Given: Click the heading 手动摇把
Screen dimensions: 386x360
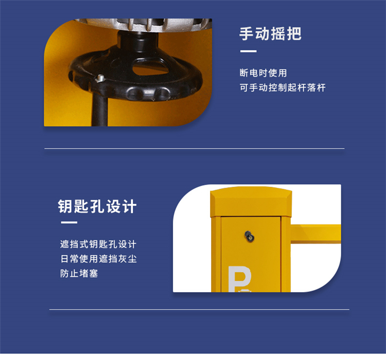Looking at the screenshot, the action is click(x=270, y=34).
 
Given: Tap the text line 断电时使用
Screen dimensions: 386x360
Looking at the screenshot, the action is click(x=263, y=73).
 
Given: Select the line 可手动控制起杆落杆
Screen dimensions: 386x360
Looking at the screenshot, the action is click(x=283, y=87).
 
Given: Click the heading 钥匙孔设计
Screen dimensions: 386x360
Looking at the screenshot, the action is click(x=97, y=206).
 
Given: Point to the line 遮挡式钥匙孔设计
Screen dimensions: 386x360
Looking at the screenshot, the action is click(x=98, y=244).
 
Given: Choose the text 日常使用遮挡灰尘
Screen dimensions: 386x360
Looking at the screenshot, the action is click(x=98, y=259).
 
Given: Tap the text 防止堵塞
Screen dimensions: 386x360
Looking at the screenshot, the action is click(x=79, y=274).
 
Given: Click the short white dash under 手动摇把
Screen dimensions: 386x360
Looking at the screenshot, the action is click(x=249, y=51).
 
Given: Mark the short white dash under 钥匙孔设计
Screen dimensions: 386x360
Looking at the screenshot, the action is click(x=69, y=223).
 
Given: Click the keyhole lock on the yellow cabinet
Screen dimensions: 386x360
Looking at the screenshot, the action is click(x=250, y=236).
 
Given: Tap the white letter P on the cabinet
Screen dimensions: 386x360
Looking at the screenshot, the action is click(x=239, y=279).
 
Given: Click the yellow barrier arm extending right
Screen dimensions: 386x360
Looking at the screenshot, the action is click(x=316, y=234).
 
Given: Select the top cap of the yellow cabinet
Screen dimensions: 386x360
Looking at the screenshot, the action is click(x=251, y=202).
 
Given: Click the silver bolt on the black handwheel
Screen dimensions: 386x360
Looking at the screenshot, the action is click(x=100, y=79).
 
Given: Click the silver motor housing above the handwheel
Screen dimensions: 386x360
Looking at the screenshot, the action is click(x=144, y=25).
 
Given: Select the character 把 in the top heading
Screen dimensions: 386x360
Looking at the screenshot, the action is click(x=294, y=34).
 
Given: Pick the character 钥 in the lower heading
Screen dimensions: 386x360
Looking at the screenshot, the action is click(x=65, y=206).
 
